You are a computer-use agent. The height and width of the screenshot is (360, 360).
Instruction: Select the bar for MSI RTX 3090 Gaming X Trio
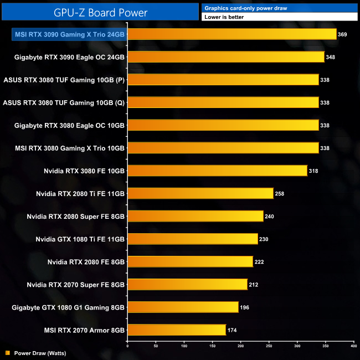tap(232, 34)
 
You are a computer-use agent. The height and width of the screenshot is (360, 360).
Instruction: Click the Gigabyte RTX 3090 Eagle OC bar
tap(226, 57)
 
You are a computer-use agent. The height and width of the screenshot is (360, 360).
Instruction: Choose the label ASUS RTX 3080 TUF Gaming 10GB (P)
tap(64, 80)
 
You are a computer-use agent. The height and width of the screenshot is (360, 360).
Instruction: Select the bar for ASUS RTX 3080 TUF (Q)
tap(223, 102)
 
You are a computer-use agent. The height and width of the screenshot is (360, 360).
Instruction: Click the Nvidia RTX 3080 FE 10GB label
tap(84, 171)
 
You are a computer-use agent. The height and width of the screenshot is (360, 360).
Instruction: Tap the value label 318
tap(313, 171)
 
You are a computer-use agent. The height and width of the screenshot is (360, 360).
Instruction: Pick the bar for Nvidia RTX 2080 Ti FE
tap(200, 193)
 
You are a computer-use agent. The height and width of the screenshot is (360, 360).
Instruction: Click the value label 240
tap(270, 216)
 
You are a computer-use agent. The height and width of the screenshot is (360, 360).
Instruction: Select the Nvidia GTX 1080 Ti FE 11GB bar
tap(193, 239)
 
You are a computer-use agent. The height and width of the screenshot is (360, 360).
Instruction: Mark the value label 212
tap(254, 285)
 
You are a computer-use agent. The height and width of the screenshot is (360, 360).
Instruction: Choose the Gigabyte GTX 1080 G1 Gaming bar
tap(183, 307)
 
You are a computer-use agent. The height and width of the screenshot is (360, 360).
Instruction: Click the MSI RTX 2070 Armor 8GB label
tap(84, 330)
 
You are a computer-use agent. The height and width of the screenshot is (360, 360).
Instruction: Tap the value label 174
tap(232, 330)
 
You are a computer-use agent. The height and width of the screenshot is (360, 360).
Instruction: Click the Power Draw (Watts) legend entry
tap(35, 352)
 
